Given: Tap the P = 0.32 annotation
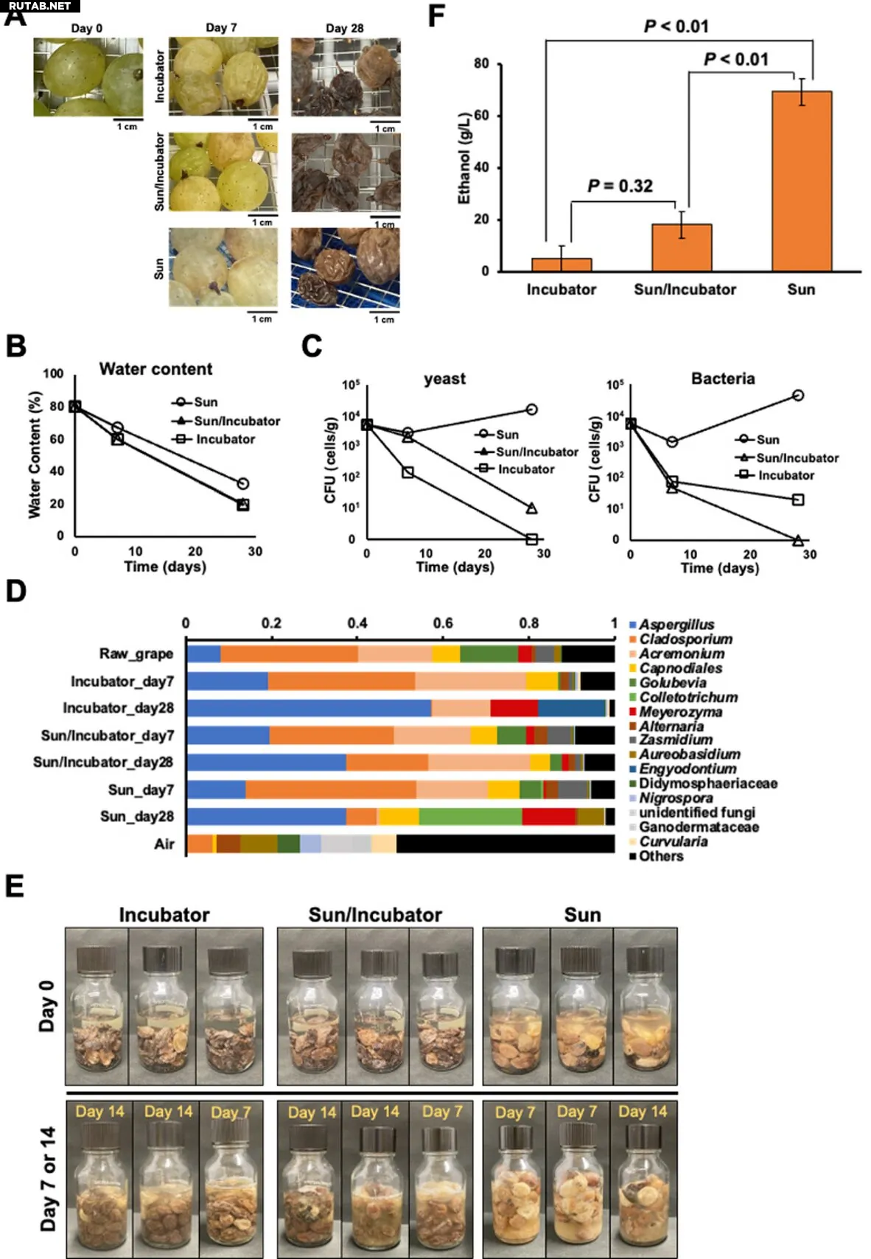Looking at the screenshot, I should pyautogui.click(x=620, y=186).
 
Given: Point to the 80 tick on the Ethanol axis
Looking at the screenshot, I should pyautogui.click(x=481, y=64).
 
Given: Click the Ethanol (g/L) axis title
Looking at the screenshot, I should pyautogui.click(x=464, y=158).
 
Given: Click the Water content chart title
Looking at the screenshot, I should pyautogui.click(x=155, y=369).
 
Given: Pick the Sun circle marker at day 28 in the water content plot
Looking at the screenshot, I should pyautogui.click(x=242, y=484).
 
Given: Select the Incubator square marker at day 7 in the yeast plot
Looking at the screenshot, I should pyautogui.click(x=408, y=471).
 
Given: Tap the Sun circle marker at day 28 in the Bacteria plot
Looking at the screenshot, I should pyautogui.click(x=797, y=396).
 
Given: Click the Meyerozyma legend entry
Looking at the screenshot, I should pyautogui.click(x=679, y=712).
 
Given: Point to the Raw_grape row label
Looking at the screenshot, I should pyautogui.click(x=136, y=654).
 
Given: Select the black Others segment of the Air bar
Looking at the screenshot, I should pyautogui.click(x=505, y=844).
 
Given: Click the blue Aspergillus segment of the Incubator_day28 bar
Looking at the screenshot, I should pyautogui.click(x=309, y=708).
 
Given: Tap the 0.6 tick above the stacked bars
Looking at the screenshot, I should pyautogui.click(x=443, y=623).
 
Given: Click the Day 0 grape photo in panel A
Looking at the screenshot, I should pyautogui.click(x=88, y=77).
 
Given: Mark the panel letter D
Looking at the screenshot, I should pyautogui.click(x=15, y=592).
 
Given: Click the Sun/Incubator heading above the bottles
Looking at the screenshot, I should pyautogui.click(x=375, y=915).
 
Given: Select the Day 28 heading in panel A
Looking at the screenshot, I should pyautogui.click(x=345, y=28).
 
